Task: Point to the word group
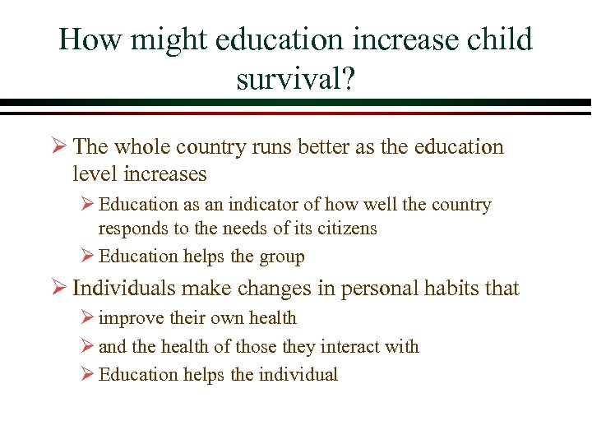(280, 257)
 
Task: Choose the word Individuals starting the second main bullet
(124, 289)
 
